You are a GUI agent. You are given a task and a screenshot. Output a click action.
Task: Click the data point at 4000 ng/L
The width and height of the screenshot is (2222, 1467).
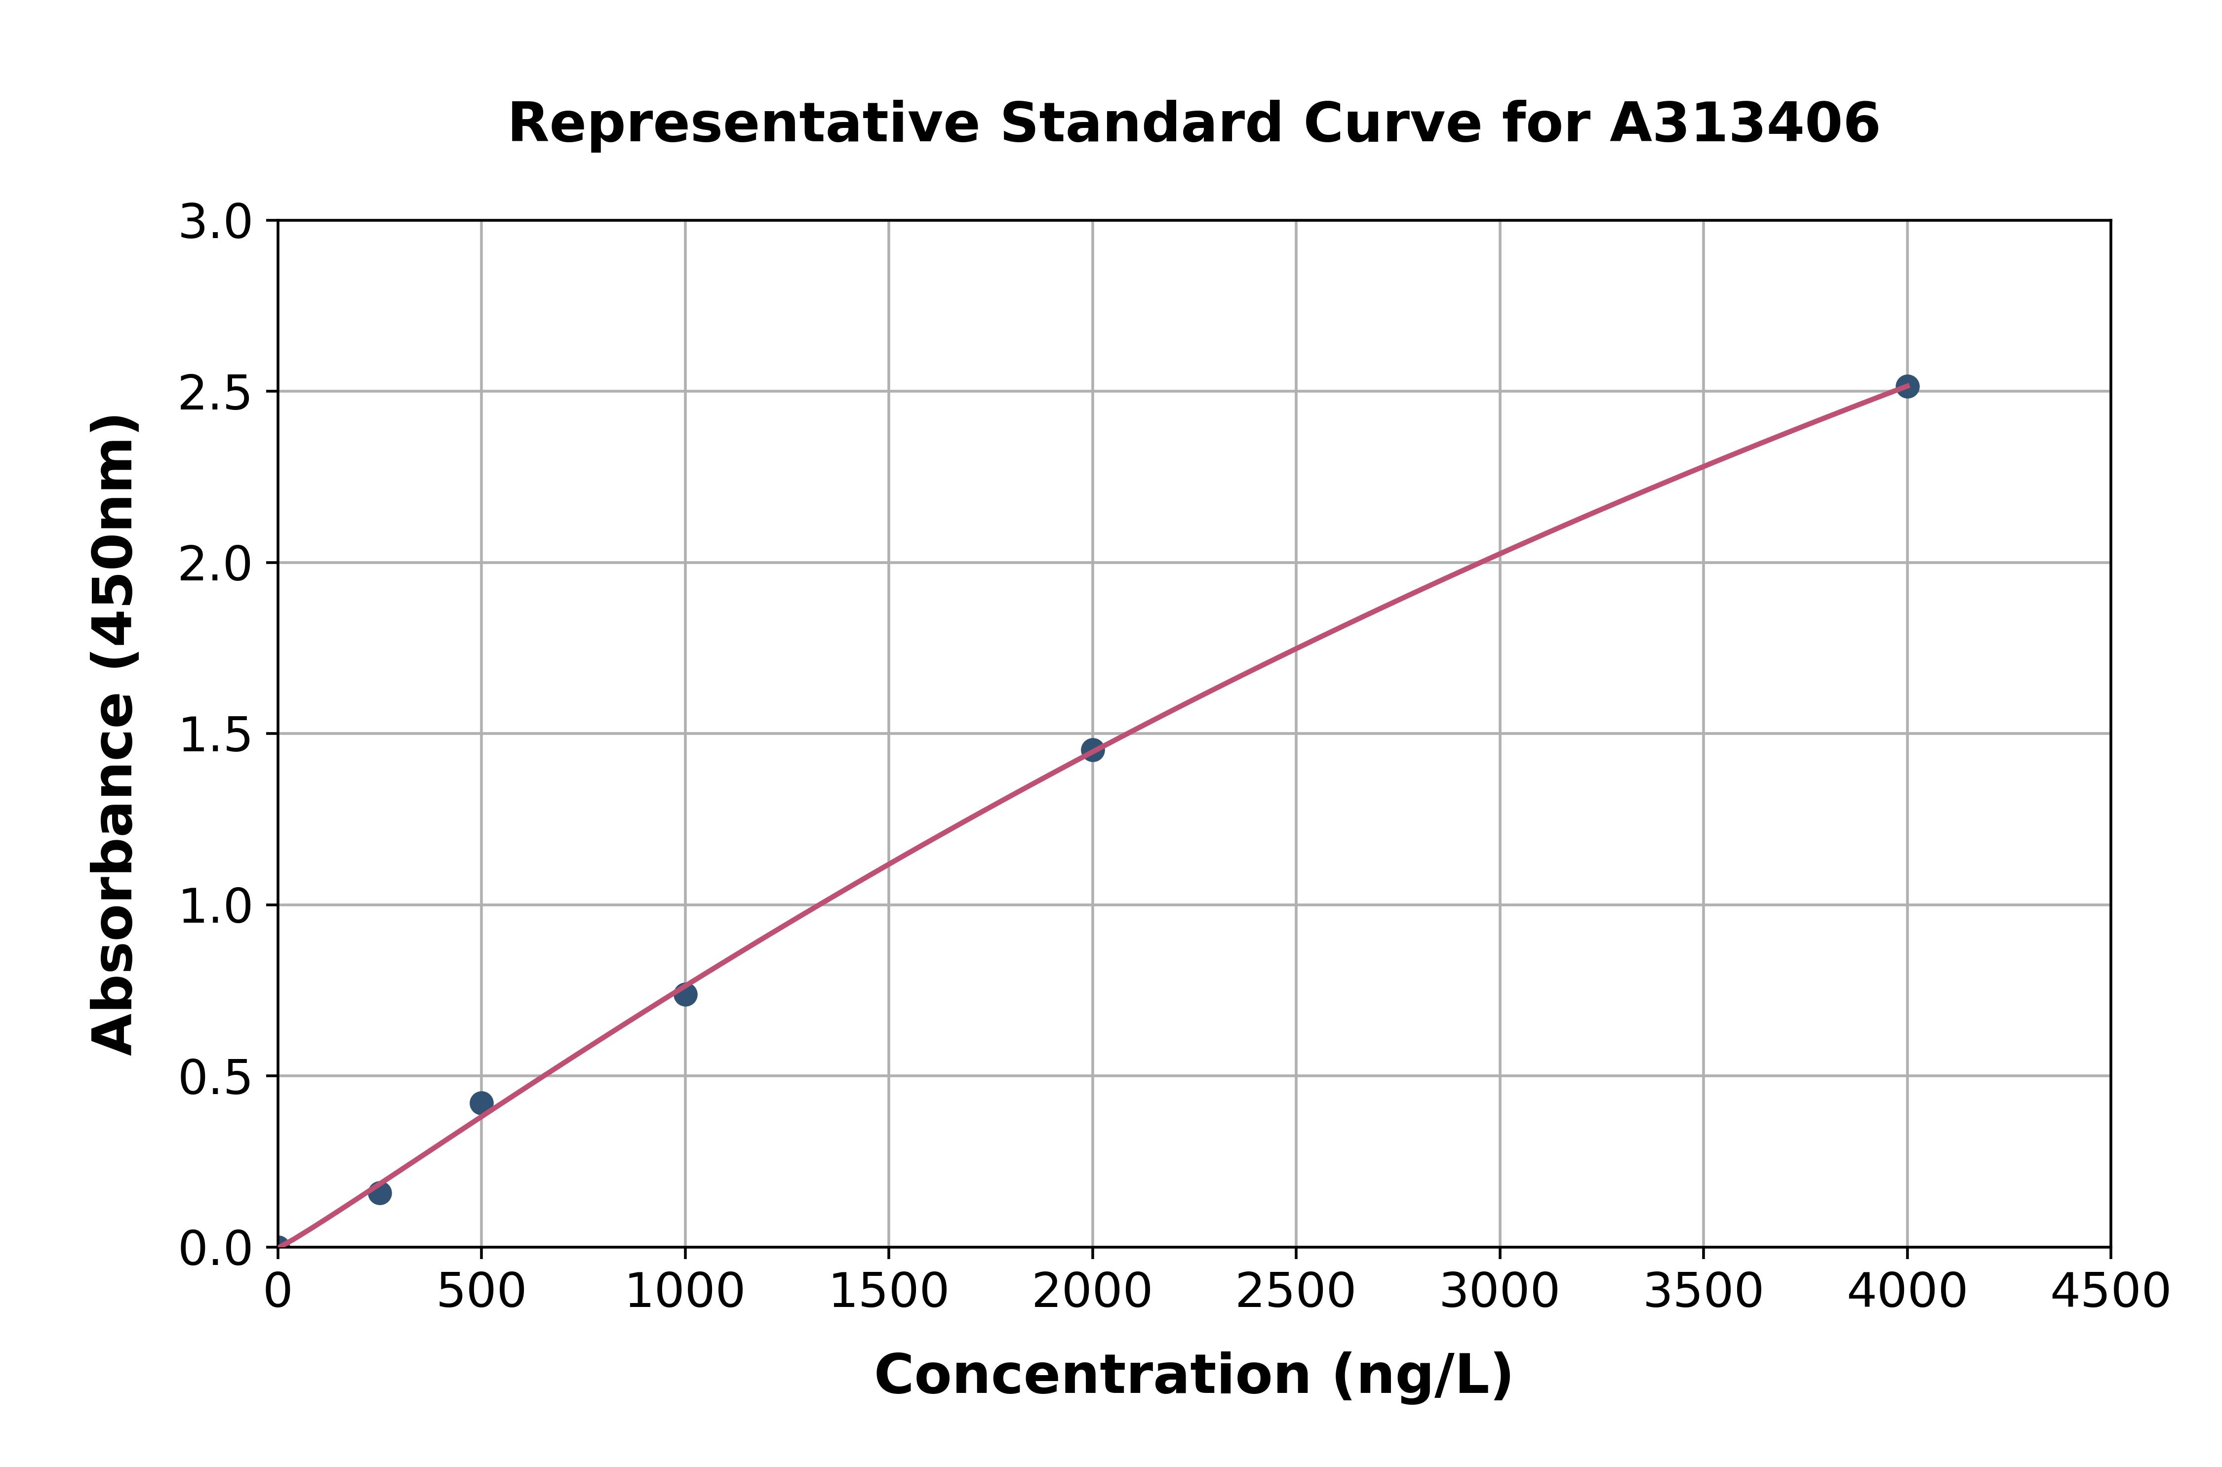pos(1907,386)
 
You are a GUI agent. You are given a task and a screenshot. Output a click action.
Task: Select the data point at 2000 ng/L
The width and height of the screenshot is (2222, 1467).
pos(1092,749)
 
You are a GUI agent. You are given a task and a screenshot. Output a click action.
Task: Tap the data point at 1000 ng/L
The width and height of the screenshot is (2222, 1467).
pos(685,994)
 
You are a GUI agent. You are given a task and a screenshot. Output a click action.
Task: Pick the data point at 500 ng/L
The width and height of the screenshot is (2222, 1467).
pos(481,1103)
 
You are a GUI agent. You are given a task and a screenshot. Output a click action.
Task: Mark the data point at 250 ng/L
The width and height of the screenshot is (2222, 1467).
pos(380,1193)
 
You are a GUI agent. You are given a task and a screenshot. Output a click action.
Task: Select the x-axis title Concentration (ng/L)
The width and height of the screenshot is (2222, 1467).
pos(1193,1375)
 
